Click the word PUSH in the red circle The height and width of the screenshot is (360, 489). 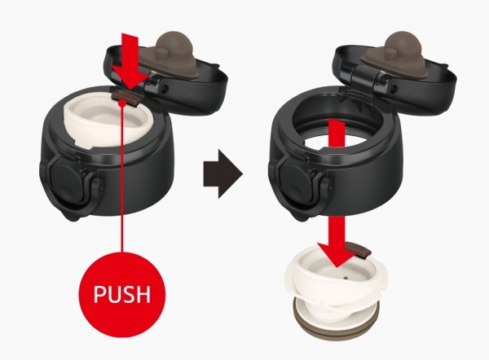tap(122, 294)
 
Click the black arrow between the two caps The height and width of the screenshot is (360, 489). tap(222, 173)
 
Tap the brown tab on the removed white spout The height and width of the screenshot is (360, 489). tap(361, 249)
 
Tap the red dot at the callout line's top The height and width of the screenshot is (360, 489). tap(124, 103)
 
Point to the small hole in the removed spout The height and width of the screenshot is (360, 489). tap(345, 277)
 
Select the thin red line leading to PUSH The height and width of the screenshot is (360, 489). tap(122, 178)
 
